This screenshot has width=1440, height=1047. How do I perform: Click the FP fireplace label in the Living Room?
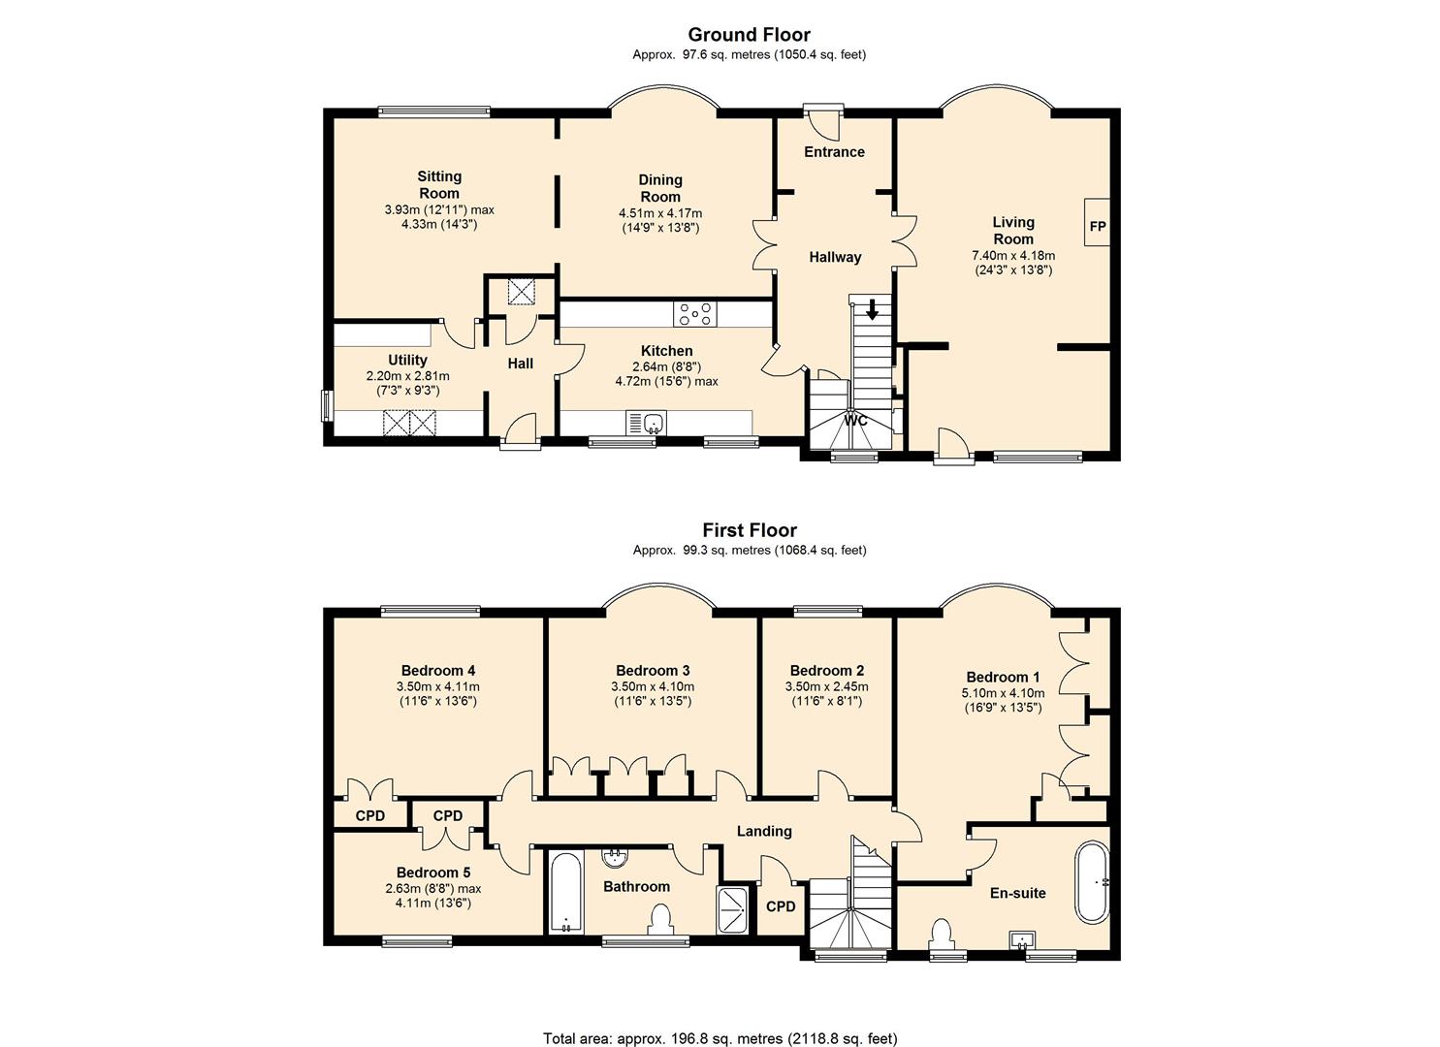tap(1098, 226)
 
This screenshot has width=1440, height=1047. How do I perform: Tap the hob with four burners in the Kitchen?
tap(695, 314)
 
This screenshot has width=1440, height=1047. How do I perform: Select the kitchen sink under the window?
tap(646, 424)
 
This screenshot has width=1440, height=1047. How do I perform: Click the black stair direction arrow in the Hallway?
tap(873, 309)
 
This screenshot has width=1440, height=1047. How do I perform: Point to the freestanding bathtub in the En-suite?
tap(1093, 882)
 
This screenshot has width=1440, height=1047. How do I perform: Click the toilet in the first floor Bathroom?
tap(660, 920)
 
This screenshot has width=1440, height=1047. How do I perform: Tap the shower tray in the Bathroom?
tap(733, 910)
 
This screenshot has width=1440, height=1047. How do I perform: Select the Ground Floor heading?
tap(749, 34)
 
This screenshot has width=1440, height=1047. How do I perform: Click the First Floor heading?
tap(750, 530)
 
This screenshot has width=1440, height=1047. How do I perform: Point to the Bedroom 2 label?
tap(827, 671)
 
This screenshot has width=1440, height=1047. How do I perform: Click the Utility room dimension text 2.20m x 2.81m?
tap(407, 376)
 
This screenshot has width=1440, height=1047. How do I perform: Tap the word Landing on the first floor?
tap(764, 831)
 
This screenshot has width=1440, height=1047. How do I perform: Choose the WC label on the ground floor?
tap(855, 421)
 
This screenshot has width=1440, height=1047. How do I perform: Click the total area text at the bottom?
tap(720, 1021)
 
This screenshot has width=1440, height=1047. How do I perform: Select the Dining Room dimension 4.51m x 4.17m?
tap(660, 213)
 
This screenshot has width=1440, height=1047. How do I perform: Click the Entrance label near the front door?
tap(835, 151)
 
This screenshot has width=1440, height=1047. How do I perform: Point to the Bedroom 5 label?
tap(433, 872)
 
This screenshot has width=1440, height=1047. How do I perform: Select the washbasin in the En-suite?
tap(1022, 939)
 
